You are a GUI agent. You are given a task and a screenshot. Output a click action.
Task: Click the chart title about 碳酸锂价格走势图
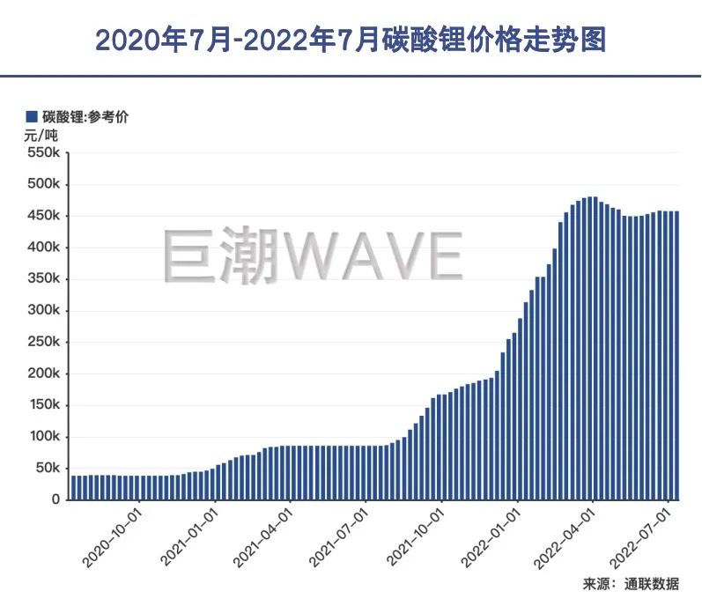[351, 40]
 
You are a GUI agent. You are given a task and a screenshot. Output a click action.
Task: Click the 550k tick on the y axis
[43, 153]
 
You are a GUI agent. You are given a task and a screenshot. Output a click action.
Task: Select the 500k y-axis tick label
[43, 185]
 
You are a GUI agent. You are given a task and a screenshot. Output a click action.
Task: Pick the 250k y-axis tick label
[43, 343]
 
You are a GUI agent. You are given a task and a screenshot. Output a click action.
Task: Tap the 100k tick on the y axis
[43, 437]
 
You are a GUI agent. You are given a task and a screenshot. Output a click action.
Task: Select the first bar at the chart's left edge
[73, 487]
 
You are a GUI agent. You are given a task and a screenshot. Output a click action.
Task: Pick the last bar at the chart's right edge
[676, 352]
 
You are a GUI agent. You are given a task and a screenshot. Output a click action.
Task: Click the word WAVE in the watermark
[369, 256]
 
